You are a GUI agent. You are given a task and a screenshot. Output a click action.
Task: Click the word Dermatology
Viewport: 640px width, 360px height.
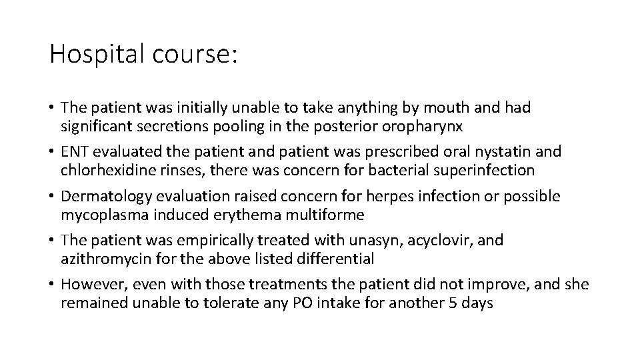click(103, 196)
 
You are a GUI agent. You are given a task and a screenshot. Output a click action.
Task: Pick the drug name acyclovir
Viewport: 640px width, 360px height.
click(421, 241)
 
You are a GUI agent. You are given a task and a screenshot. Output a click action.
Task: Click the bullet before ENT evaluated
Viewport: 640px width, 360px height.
click(52, 151)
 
